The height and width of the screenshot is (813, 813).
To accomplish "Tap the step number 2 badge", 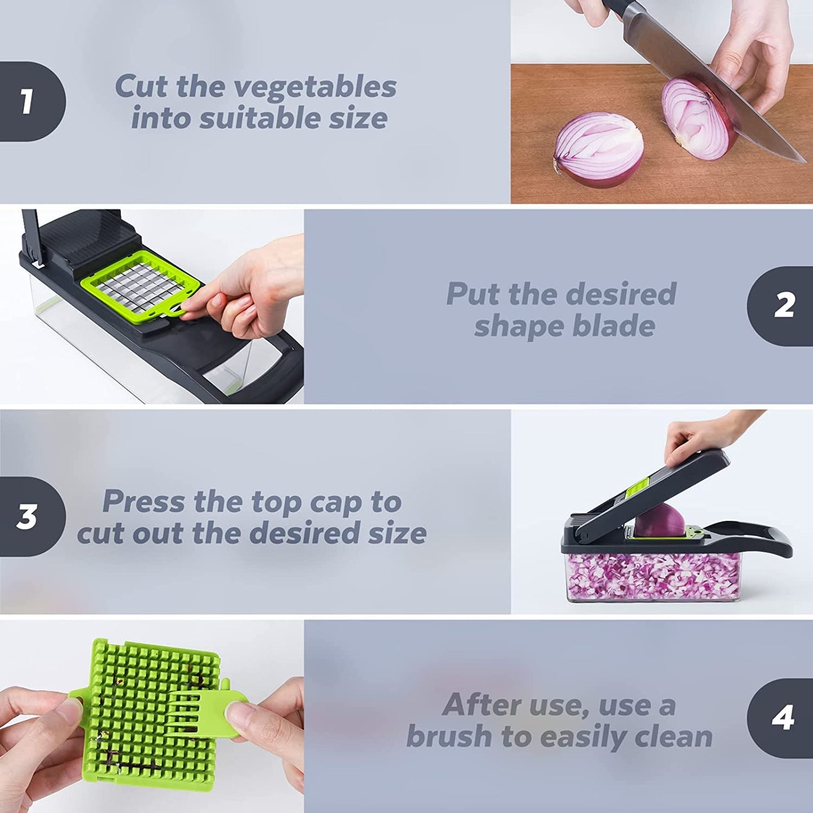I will (x=782, y=306).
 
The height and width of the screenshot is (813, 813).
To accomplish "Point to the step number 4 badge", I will (x=782, y=718).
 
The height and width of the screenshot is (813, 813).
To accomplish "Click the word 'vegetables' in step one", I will (x=315, y=87).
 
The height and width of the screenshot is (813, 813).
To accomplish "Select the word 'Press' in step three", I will (x=143, y=501).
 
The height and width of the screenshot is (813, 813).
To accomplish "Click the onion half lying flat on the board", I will (x=599, y=150).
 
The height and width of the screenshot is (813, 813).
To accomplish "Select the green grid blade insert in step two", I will (x=141, y=284).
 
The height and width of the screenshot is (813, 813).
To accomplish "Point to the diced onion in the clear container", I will (x=653, y=577).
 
